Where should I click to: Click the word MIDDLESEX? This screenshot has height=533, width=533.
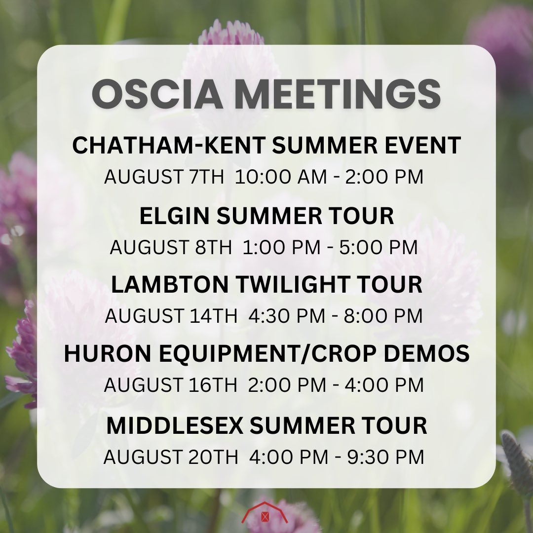click(x=175, y=426)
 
